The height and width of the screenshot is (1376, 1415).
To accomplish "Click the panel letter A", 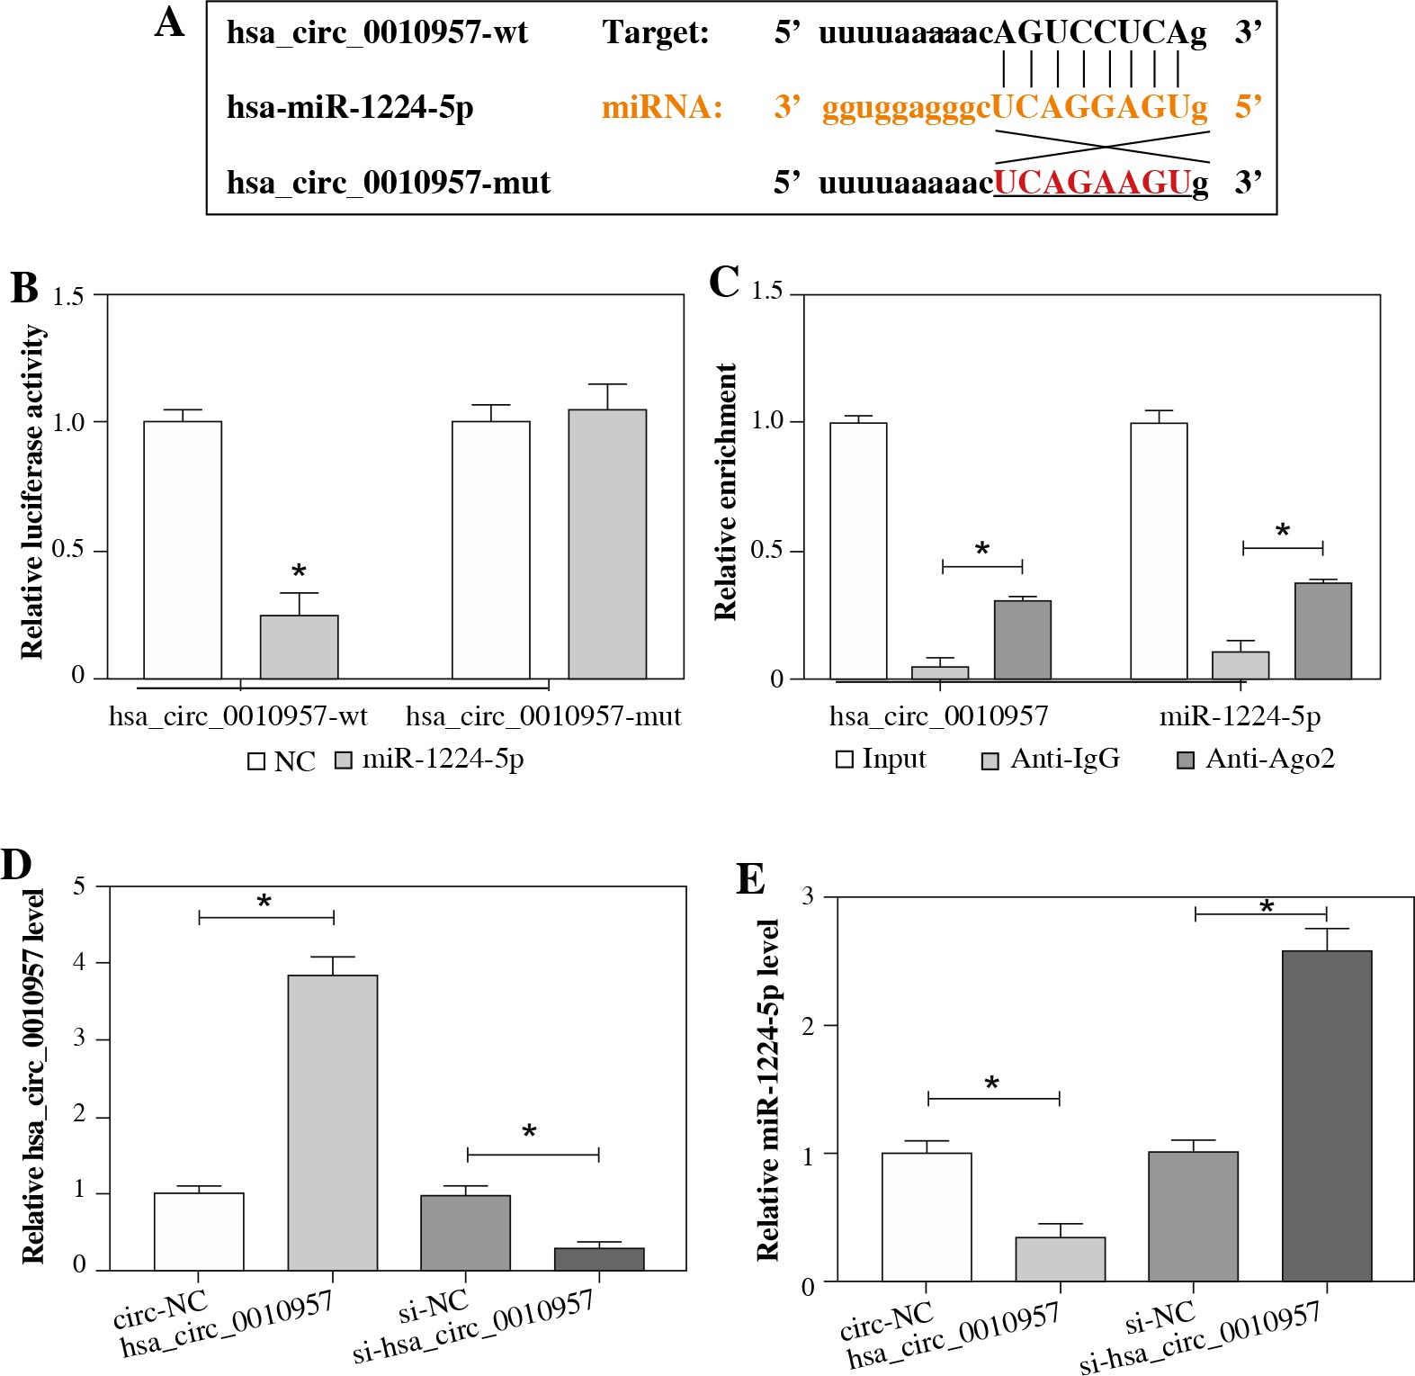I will click(170, 23).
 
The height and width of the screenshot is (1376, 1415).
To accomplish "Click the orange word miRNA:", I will click(662, 108).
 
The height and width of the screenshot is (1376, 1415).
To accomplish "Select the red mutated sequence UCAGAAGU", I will click(1092, 183).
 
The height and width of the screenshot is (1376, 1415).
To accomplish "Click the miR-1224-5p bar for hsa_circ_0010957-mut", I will click(607, 544).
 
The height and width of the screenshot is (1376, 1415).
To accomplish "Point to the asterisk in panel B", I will click(299, 571).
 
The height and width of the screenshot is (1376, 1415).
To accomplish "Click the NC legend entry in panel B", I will click(282, 761).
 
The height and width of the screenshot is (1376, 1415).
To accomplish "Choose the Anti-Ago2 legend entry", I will click(1256, 760).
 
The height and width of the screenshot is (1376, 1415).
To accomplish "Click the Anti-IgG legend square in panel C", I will click(990, 761).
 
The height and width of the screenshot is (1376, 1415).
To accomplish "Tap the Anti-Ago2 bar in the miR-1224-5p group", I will click(1322, 631).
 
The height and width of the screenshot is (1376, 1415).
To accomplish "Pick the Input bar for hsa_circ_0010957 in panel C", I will click(857, 551).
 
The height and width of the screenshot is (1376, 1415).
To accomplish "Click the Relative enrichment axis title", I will click(725, 492).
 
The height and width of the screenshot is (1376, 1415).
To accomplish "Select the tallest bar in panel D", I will click(333, 1122).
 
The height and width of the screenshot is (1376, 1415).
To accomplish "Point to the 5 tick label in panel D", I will click(80, 886).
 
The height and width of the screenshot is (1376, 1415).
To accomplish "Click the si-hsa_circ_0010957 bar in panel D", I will click(599, 1258).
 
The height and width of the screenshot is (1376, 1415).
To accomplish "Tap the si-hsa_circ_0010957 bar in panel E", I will click(1327, 1115).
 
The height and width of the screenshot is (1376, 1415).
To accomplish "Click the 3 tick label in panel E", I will click(807, 896).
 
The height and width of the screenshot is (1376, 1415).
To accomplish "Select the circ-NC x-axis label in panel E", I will click(886, 1319).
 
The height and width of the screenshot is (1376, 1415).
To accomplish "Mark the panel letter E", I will click(750, 879).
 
